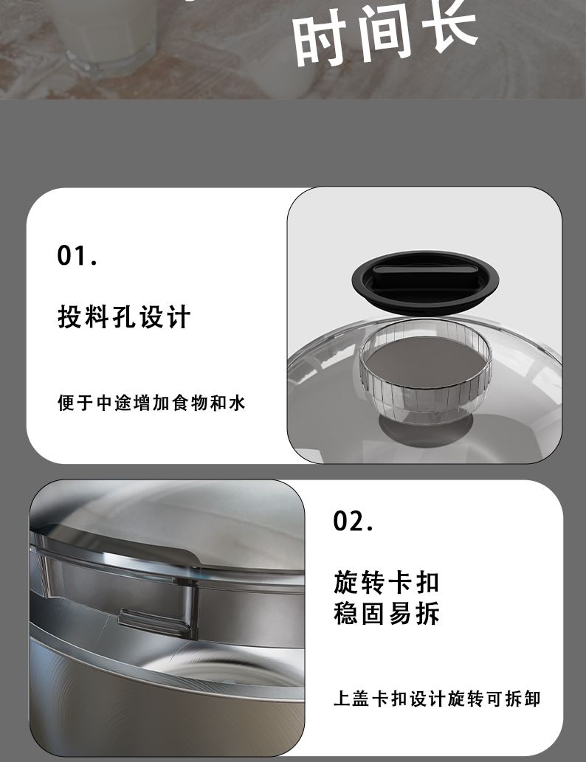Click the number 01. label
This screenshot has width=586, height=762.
77,255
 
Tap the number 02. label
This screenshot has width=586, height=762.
353,521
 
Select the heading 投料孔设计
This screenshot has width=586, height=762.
123,317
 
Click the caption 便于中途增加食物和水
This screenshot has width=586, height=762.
151,402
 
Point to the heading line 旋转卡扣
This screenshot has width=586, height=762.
387,582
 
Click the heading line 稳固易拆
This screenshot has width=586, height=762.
387,613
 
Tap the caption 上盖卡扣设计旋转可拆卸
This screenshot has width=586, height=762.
437,699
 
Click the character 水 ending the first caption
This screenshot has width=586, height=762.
237,402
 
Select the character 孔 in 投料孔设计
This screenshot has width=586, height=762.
123,317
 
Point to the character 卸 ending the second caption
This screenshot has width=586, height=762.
531,699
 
